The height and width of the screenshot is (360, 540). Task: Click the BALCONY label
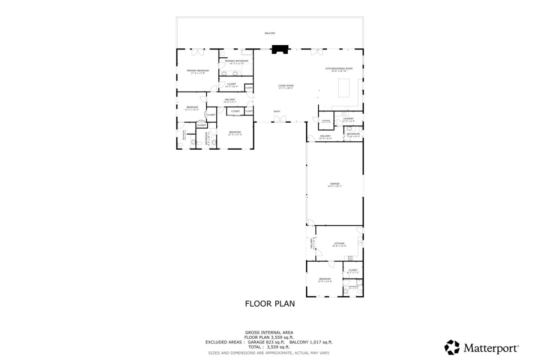click(270, 33)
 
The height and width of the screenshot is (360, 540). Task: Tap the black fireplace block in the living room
click(280, 49)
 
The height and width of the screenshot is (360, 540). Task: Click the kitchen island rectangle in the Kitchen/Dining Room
click(344, 88)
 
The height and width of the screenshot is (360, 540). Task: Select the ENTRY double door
click(280, 119)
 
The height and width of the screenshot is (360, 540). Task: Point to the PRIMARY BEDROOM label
click(198, 70)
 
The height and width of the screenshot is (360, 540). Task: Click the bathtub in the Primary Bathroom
click(247, 53)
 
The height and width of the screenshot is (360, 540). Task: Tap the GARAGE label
click(335, 184)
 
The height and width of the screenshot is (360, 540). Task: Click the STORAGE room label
click(326, 121)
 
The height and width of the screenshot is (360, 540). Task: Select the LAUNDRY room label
click(348, 119)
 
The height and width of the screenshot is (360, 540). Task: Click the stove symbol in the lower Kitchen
click(350, 258)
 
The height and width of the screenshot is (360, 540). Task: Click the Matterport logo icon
click(452, 347)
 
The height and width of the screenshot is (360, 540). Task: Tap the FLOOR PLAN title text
click(270, 304)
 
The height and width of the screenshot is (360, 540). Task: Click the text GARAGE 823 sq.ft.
click(266, 342)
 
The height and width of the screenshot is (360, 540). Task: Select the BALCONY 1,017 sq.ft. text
click(311, 342)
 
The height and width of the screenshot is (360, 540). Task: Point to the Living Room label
click(285, 86)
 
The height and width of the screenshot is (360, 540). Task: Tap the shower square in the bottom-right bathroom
click(359, 282)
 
